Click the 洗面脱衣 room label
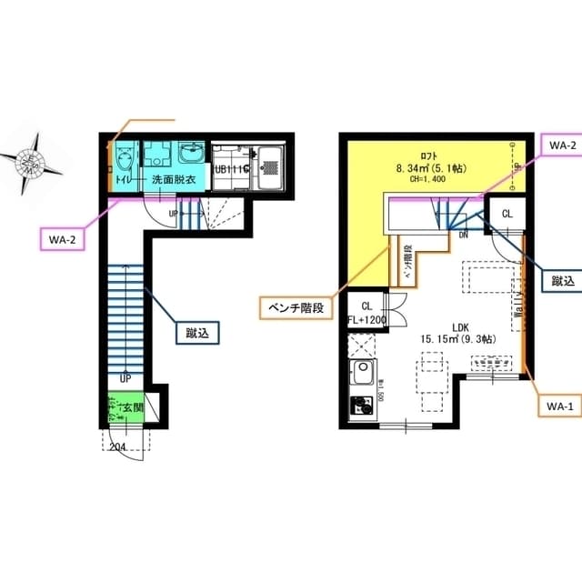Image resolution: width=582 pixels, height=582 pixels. pyautogui.click(x=174, y=179)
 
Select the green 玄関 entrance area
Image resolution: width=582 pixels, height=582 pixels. pyautogui.click(x=125, y=406)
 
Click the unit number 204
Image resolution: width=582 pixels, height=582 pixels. pyautogui.click(x=118, y=446)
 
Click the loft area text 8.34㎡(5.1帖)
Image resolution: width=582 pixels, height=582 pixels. pyautogui.click(x=433, y=167)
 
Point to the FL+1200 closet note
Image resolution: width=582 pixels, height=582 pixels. pyautogui.click(x=367, y=319)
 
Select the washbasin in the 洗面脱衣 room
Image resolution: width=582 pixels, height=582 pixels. pyautogui.click(x=192, y=151)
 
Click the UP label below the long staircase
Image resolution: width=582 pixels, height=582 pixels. pyautogui.click(x=125, y=377)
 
